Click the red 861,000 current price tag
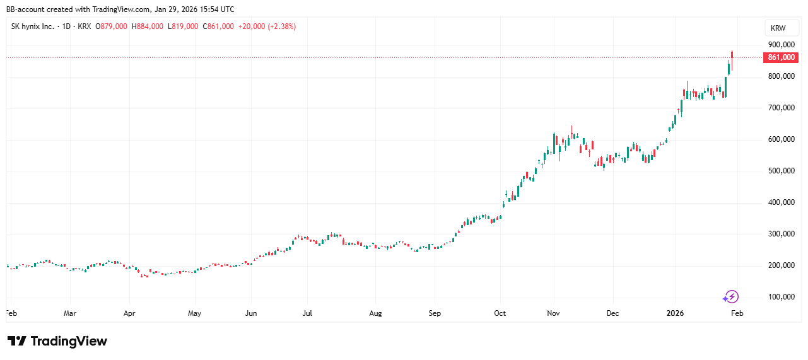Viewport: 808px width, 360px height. [x=781, y=57]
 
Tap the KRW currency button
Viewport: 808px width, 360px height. [x=781, y=28]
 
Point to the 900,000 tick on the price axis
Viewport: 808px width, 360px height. [x=780, y=45]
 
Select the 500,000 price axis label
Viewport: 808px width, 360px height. [x=780, y=171]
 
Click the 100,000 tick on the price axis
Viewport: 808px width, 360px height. [x=780, y=297]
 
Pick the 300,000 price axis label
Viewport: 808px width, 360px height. [x=780, y=234]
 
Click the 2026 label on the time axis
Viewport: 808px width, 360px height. [x=675, y=313]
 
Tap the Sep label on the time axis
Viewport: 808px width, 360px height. [x=435, y=313]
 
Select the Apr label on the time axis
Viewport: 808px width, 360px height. [x=129, y=313]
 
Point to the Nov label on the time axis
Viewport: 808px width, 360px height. [x=554, y=313]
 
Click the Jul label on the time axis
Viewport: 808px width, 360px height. [x=307, y=313]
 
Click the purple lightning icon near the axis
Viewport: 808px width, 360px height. [x=731, y=296]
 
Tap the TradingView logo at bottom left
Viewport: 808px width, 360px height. [x=57, y=341]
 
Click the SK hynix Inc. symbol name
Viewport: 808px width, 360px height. [x=33, y=26]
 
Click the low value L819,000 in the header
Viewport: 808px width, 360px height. [x=183, y=26]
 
